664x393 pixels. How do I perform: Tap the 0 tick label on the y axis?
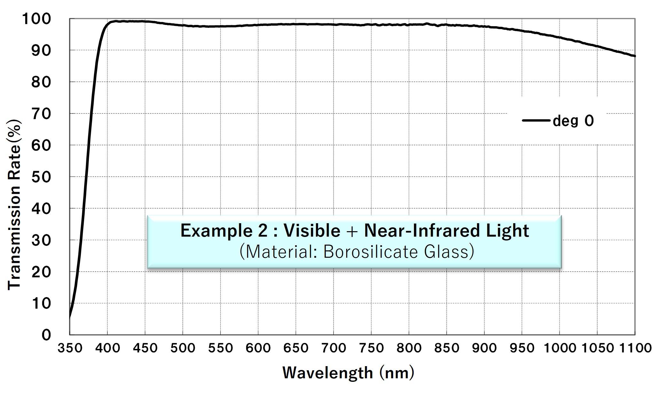[46, 335]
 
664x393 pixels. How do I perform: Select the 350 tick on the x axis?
[70, 348]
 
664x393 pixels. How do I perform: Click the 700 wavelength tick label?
[333, 348]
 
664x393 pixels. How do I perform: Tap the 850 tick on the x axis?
[447, 348]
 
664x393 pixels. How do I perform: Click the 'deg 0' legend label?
[573, 121]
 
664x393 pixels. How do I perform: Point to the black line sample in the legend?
[536, 121]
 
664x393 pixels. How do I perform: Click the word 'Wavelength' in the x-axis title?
[328, 373]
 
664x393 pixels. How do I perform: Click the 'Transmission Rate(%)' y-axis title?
[14, 205]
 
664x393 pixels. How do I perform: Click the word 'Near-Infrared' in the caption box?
[422, 231]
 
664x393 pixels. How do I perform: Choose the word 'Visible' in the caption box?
[312, 231]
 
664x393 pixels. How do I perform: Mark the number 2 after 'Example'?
[263, 231]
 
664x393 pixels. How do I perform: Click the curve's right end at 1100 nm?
[635, 56]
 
